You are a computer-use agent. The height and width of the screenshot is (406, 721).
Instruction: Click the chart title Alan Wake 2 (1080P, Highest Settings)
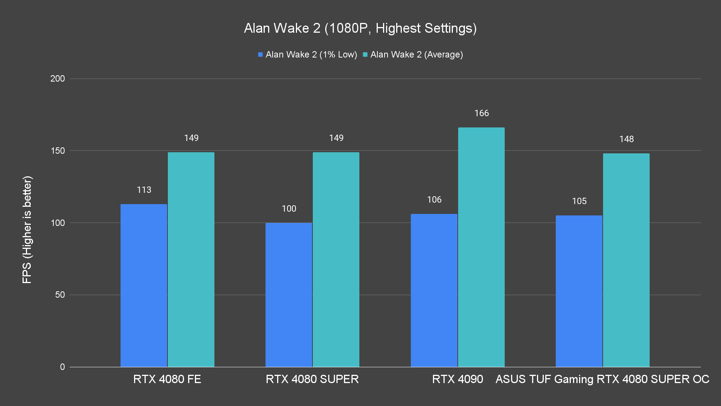click(x=360, y=28)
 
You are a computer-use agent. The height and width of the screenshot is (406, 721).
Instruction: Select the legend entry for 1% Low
click(x=308, y=55)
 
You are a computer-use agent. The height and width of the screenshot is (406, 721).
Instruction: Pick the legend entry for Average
click(x=413, y=55)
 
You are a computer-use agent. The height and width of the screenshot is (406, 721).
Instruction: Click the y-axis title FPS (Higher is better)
click(x=27, y=230)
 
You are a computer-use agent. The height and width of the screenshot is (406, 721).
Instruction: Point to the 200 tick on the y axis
click(x=57, y=79)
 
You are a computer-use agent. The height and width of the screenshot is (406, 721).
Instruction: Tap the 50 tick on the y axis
click(x=60, y=295)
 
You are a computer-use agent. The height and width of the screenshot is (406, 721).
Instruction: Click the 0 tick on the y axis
click(x=62, y=367)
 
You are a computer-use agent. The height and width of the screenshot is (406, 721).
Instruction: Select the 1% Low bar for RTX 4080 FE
click(x=144, y=285)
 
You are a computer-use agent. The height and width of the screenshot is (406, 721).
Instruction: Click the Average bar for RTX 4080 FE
click(x=191, y=259)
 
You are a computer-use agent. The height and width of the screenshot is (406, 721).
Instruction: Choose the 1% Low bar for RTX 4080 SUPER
click(x=289, y=295)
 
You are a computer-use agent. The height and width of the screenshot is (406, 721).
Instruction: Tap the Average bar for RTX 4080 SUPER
click(x=336, y=259)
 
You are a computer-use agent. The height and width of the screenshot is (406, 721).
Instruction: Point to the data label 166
click(x=481, y=113)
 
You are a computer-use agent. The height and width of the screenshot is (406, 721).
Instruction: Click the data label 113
click(x=144, y=190)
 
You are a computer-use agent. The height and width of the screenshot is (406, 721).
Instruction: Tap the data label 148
click(x=626, y=139)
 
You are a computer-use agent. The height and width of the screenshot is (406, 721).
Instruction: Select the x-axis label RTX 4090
click(x=457, y=379)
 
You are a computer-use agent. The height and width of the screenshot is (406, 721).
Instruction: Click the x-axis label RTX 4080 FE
click(x=167, y=379)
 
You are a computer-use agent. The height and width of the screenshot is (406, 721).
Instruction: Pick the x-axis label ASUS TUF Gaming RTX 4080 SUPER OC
click(x=602, y=379)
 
